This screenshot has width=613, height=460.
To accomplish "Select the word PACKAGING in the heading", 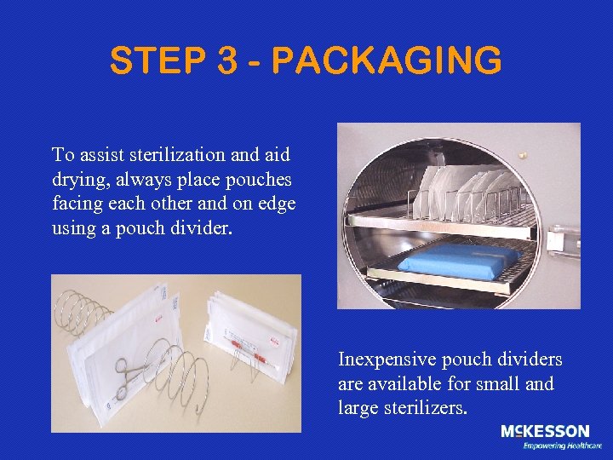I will pyautogui.click(x=386, y=61).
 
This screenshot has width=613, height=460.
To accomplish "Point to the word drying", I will pyautogui.click(x=78, y=181).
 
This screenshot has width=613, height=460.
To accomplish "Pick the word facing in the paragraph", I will pyautogui.click(x=77, y=205).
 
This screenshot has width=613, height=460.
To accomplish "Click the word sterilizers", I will pyautogui.click(x=426, y=409).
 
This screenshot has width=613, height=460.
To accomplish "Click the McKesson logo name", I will pyautogui.click(x=544, y=432).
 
